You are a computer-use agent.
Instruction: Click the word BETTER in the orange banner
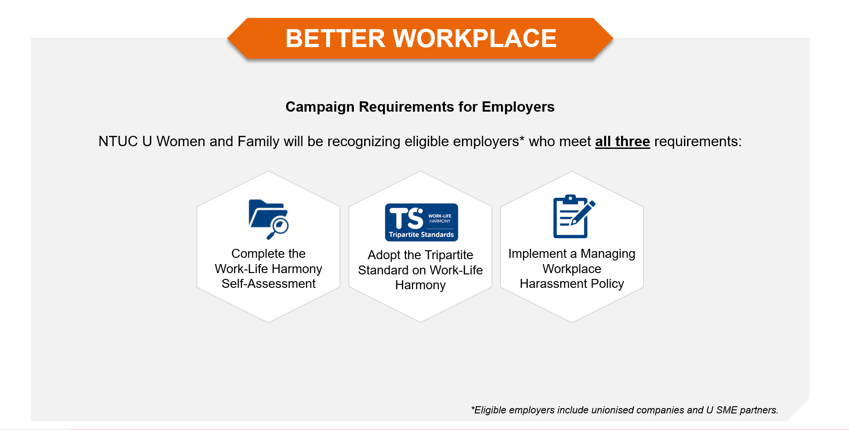[335, 38]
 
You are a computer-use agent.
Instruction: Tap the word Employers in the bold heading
[518, 107]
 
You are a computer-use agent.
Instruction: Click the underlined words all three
[623, 142]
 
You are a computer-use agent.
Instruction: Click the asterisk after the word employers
[522, 138]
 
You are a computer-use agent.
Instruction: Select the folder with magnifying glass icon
[269, 219]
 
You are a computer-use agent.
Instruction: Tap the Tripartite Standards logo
[422, 222]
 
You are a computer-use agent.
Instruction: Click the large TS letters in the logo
[406, 218]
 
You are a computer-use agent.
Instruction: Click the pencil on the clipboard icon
[583, 213]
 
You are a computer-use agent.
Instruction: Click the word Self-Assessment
[269, 284]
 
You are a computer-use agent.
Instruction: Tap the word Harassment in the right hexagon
[553, 284]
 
